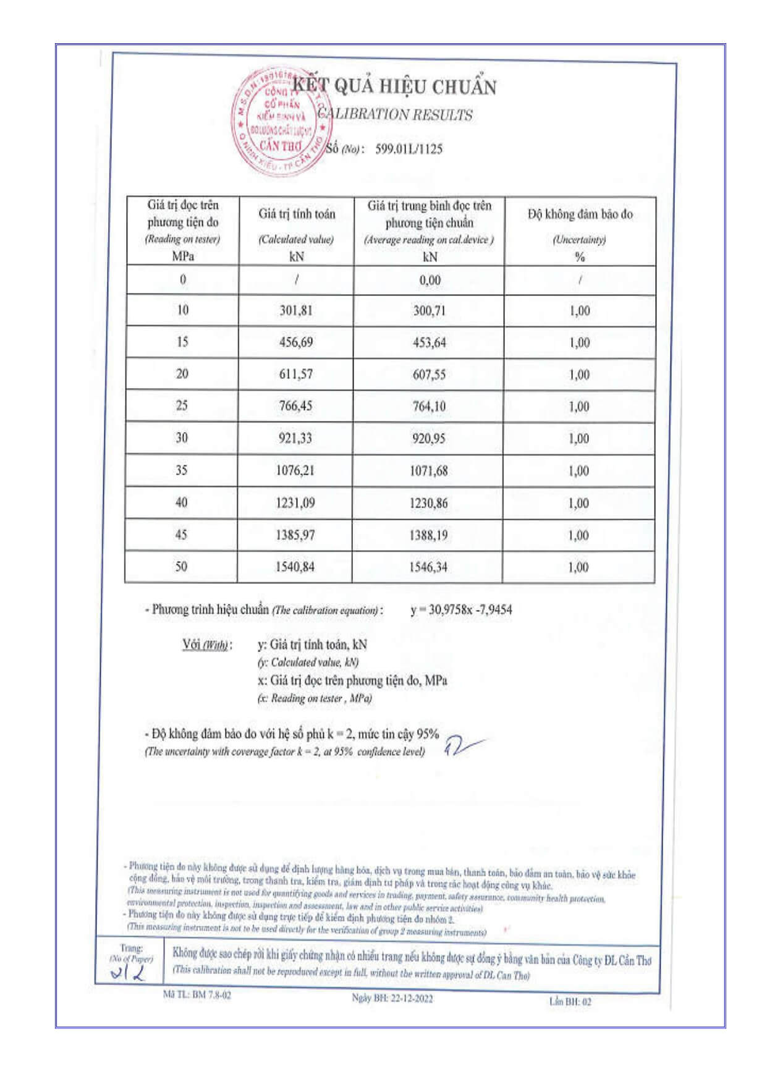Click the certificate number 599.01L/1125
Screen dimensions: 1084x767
click(x=409, y=149)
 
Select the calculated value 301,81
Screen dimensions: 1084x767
click(x=296, y=310)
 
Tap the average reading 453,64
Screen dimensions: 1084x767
click(x=429, y=342)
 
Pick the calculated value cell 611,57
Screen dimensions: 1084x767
click(x=296, y=374)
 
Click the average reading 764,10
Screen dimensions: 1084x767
click(x=429, y=406)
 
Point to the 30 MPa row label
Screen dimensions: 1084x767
click(x=182, y=438)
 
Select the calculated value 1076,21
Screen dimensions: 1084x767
click(x=295, y=470)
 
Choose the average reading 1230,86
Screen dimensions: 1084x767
click(x=428, y=503)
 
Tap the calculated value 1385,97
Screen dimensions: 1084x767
click(x=295, y=535)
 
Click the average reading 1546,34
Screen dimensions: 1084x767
click(x=428, y=567)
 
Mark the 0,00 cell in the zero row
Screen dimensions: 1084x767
click(x=430, y=280)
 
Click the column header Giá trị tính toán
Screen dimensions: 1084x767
click(x=297, y=214)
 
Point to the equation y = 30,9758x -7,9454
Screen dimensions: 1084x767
click(x=461, y=610)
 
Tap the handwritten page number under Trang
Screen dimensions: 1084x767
click(x=128, y=974)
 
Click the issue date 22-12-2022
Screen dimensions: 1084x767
click(x=392, y=998)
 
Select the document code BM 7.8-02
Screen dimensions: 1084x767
click(x=197, y=994)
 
